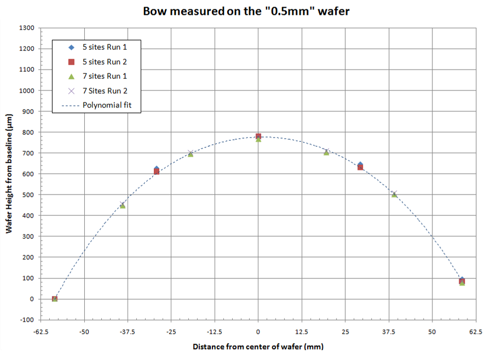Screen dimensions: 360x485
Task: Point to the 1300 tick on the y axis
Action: (x=27, y=28)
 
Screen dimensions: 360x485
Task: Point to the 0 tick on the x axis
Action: (x=258, y=332)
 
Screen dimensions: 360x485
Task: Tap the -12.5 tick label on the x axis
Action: (x=215, y=332)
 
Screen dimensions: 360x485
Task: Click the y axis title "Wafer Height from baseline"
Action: (x=9, y=174)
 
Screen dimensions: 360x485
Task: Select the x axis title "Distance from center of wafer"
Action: (x=258, y=347)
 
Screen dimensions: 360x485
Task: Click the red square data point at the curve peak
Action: (x=258, y=136)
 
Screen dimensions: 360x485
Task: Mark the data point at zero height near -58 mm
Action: (x=55, y=299)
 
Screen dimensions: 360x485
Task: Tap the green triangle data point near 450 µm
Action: (x=123, y=205)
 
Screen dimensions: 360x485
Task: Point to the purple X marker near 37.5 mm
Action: (x=394, y=193)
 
